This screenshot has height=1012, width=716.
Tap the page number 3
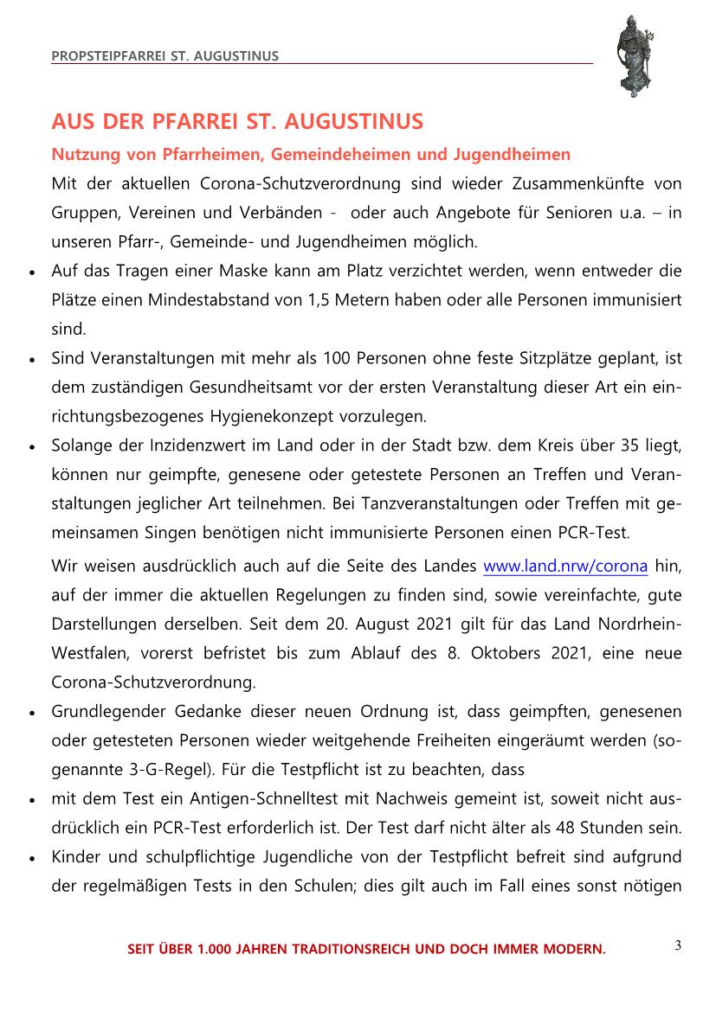click(678, 945)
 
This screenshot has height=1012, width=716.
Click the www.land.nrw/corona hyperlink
click(565, 567)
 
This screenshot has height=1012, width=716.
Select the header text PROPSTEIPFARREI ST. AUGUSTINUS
click(165, 56)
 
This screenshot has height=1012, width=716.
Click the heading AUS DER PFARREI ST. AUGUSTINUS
click(237, 121)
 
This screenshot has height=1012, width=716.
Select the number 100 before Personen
click(336, 357)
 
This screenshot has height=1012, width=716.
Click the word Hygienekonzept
click(262, 415)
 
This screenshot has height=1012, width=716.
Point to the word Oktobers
click(509, 653)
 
